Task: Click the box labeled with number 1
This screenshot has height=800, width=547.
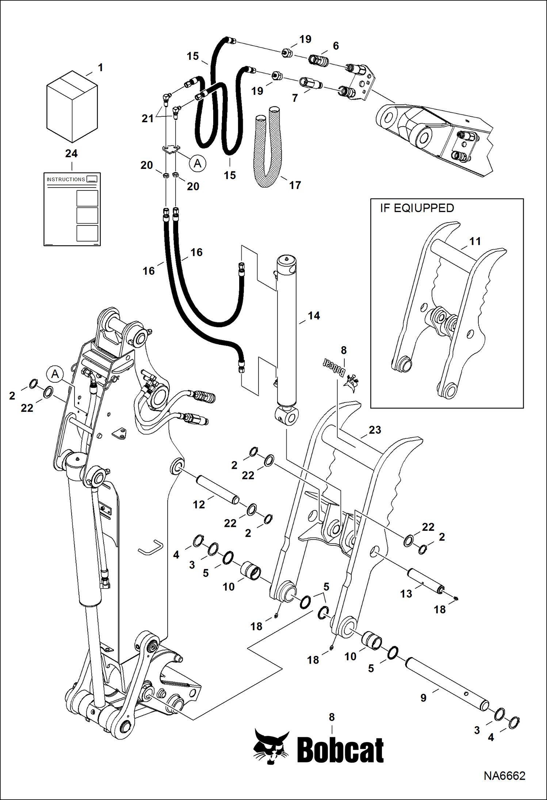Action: coord(72,107)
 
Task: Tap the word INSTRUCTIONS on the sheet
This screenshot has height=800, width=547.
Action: coord(66,179)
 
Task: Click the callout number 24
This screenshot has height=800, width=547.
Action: coord(71,154)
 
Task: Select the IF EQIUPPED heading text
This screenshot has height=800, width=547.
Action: coord(417,208)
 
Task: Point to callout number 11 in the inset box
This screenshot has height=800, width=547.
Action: coord(475,241)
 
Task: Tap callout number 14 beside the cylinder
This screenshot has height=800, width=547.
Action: coord(314,316)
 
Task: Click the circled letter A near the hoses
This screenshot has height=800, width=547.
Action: coord(198,163)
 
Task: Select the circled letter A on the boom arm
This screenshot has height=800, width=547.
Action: coord(55,374)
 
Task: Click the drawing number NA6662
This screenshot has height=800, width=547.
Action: coord(504,776)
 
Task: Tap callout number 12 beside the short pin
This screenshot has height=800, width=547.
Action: coord(199,505)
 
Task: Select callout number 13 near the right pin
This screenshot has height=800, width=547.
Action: coord(406,594)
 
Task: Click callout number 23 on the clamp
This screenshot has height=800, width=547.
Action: coord(375,430)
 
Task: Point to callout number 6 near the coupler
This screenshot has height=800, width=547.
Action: coord(336,46)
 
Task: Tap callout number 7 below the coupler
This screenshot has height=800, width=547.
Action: coord(295,98)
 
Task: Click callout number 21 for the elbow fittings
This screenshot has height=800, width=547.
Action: coord(148,118)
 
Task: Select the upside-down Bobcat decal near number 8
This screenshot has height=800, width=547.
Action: coord(334,368)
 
